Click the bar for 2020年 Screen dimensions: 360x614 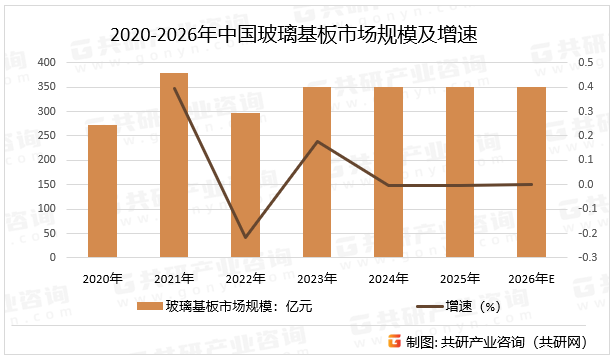click(102, 191)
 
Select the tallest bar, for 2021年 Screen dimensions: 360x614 click(174, 165)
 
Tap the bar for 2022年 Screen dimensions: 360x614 click(245, 185)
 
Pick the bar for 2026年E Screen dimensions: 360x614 click(531, 172)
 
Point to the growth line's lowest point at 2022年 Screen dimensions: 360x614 click(245, 238)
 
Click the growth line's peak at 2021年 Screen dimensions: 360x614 click(174, 88)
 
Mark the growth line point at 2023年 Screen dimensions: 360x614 click(317, 141)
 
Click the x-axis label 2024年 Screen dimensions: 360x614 click(388, 278)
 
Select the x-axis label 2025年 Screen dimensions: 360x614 click(460, 278)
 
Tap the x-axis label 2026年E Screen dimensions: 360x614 click(531, 278)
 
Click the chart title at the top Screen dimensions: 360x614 click(294, 35)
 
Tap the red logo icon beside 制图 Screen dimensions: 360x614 click(395, 342)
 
